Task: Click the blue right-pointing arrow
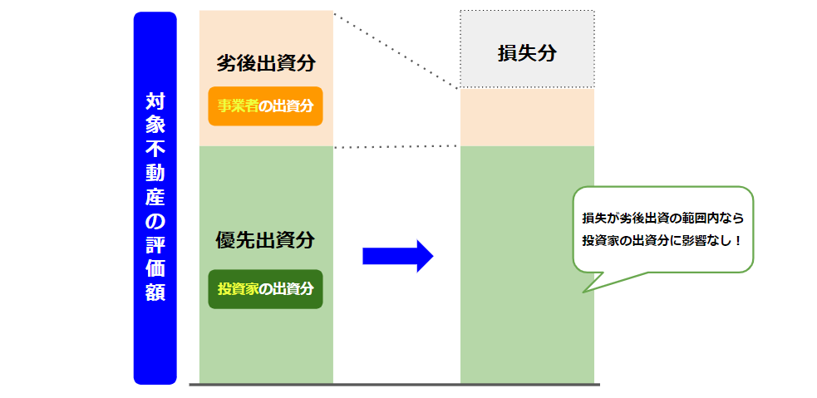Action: (398, 256)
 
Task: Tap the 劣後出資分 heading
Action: (266, 63)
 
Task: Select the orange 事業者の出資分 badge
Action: (266, 106)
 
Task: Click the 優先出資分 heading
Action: (266, 240)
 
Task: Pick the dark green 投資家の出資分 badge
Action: (266, 288)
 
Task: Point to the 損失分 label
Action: (527, 53)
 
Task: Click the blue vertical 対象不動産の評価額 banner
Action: (155, 198)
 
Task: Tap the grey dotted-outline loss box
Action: (527, 49)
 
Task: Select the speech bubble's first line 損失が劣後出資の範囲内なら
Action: (662, 219)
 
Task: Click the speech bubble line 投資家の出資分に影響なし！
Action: (662, 241)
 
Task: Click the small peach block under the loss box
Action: (527, 117)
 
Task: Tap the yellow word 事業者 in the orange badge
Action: (238, 106)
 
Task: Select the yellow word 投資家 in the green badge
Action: (238, 288)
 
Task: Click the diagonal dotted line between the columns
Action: (396, 50)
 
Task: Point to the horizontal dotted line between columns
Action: (396, 147)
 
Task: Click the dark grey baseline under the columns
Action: (395, 385)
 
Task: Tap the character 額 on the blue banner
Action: (155, 292)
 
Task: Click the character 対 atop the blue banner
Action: (155, 101)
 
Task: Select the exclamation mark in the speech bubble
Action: (736, 241)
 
